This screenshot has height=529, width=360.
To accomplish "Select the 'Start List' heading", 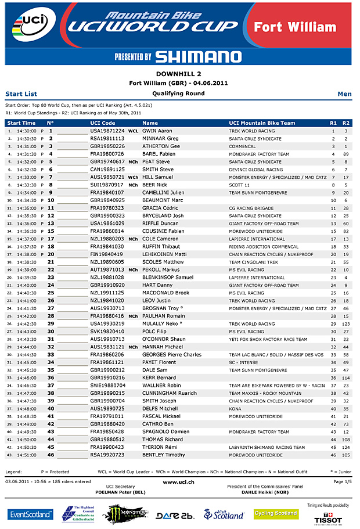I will [21, 93].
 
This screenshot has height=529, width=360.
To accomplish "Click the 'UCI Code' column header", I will [103, 123].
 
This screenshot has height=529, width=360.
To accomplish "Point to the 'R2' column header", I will [346, 123].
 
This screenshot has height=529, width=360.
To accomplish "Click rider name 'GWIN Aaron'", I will [157, 131].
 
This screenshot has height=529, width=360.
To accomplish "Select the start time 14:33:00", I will [27, 177].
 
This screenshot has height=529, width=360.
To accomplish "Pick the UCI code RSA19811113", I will [107, 139].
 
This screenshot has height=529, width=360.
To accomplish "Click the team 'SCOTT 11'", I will [239, 185].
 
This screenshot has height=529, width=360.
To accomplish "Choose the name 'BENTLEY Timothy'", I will [163, 455].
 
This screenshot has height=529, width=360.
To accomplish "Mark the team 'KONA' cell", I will [235, 408].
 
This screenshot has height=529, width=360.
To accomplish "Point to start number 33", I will [51, 354].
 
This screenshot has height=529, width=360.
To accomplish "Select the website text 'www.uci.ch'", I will [179, 482].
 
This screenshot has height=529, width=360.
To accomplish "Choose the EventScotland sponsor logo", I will [30, 514].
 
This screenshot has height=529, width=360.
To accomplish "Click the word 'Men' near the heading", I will [344, 93].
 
